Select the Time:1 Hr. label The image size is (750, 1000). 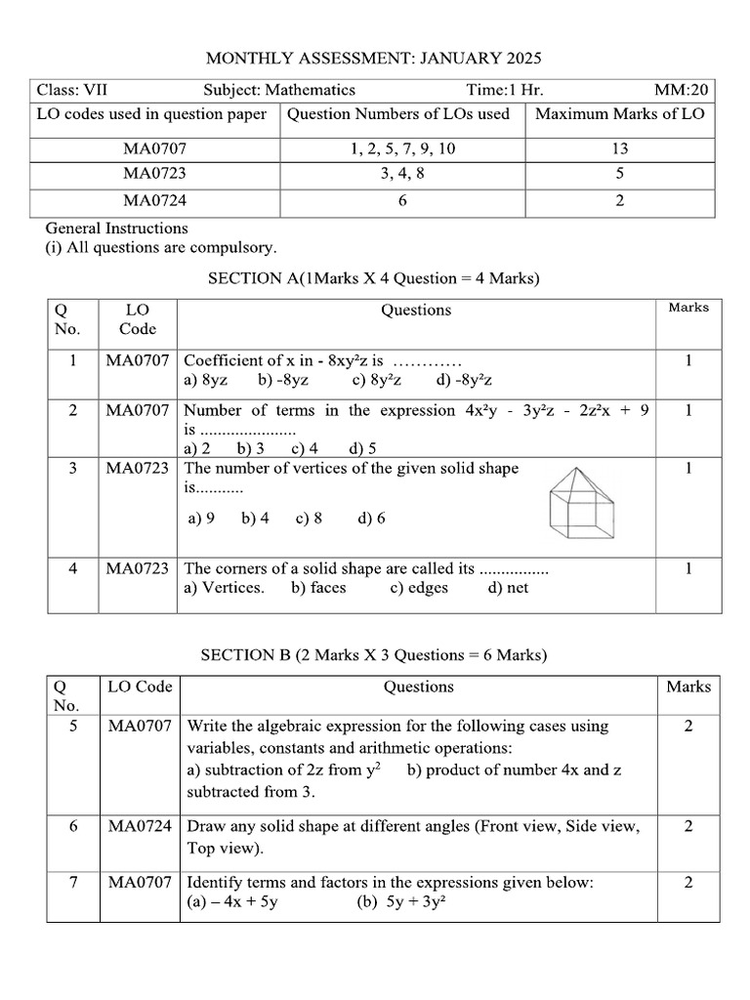pos(505,91)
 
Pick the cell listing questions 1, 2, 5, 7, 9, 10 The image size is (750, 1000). pos(402,149)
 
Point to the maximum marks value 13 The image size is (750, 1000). pos(621,149)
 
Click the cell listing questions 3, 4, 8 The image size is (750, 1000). pos(402,175)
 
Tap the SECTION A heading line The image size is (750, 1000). pos(374,279)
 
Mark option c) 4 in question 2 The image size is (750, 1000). pos(305,449)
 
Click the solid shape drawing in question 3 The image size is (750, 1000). pos(582,499)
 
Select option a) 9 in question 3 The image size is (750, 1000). pos(201,519)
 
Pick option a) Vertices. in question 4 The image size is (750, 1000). pos(224,588)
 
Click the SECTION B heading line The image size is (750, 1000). pos(374,655)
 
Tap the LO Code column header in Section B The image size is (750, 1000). pos(140,687)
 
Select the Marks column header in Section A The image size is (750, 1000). pos(688,308)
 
